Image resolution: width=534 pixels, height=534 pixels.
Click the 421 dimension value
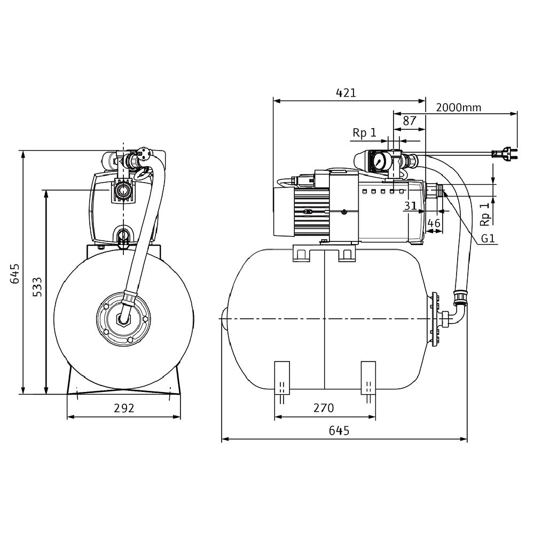346,92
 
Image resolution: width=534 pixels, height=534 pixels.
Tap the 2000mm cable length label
458,107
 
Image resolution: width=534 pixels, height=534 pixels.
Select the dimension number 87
410,121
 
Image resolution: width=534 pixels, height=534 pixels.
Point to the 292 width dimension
124,408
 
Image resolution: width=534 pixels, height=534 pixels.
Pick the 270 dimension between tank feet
323,408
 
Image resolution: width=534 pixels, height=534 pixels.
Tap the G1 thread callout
487,239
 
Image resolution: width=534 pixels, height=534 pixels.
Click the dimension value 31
410,206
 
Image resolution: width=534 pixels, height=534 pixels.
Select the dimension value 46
434,223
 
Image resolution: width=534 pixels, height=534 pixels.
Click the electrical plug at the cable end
504,154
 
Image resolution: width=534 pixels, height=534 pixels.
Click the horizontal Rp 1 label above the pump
364,133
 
